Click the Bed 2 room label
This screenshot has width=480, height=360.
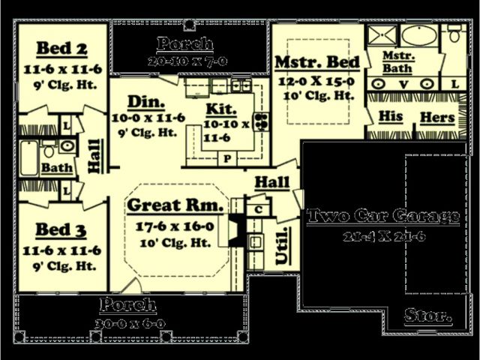coord(62,49)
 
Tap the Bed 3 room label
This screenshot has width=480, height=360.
coord(62,230)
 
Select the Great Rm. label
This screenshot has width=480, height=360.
coord(175,205)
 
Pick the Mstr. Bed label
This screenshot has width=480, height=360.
coord(318,61)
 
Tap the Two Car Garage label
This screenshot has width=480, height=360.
coord(383,216)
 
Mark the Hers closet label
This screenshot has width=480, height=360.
coord(437,117)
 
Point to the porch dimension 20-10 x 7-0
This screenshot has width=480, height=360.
coord(187,60)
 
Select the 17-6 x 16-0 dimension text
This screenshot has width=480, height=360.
coord(175,223)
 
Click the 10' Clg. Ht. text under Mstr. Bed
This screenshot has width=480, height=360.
coord(319,95)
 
